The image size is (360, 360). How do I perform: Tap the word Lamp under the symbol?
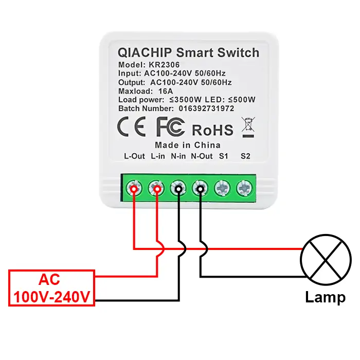[x=325, y=297]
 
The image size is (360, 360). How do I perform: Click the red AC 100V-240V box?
[x=51, y=288]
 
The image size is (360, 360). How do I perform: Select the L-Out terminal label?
[x=135, y=156]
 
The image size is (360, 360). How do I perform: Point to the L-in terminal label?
[x=158, y=156]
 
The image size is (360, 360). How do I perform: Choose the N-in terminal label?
[x=178, y=156]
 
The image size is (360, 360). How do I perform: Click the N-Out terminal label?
[x=202, y=156]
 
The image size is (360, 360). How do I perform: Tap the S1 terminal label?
[x=223, y=156]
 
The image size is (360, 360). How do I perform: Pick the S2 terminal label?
[x=245, y=156]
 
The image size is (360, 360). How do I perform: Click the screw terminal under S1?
[x=222, y=189]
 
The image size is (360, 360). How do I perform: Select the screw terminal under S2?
[x=244, y=189]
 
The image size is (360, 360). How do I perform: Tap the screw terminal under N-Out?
[x=200, y=189]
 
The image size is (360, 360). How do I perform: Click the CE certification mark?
[x=132, y=127]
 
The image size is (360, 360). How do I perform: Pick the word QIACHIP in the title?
[x=145, y=52]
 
